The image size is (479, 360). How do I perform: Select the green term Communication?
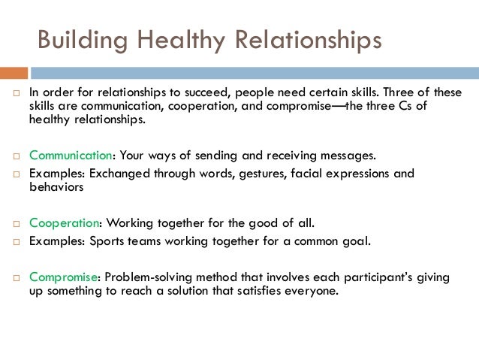tap(71, 156)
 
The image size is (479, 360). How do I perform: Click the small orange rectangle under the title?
tap(14, 73)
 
